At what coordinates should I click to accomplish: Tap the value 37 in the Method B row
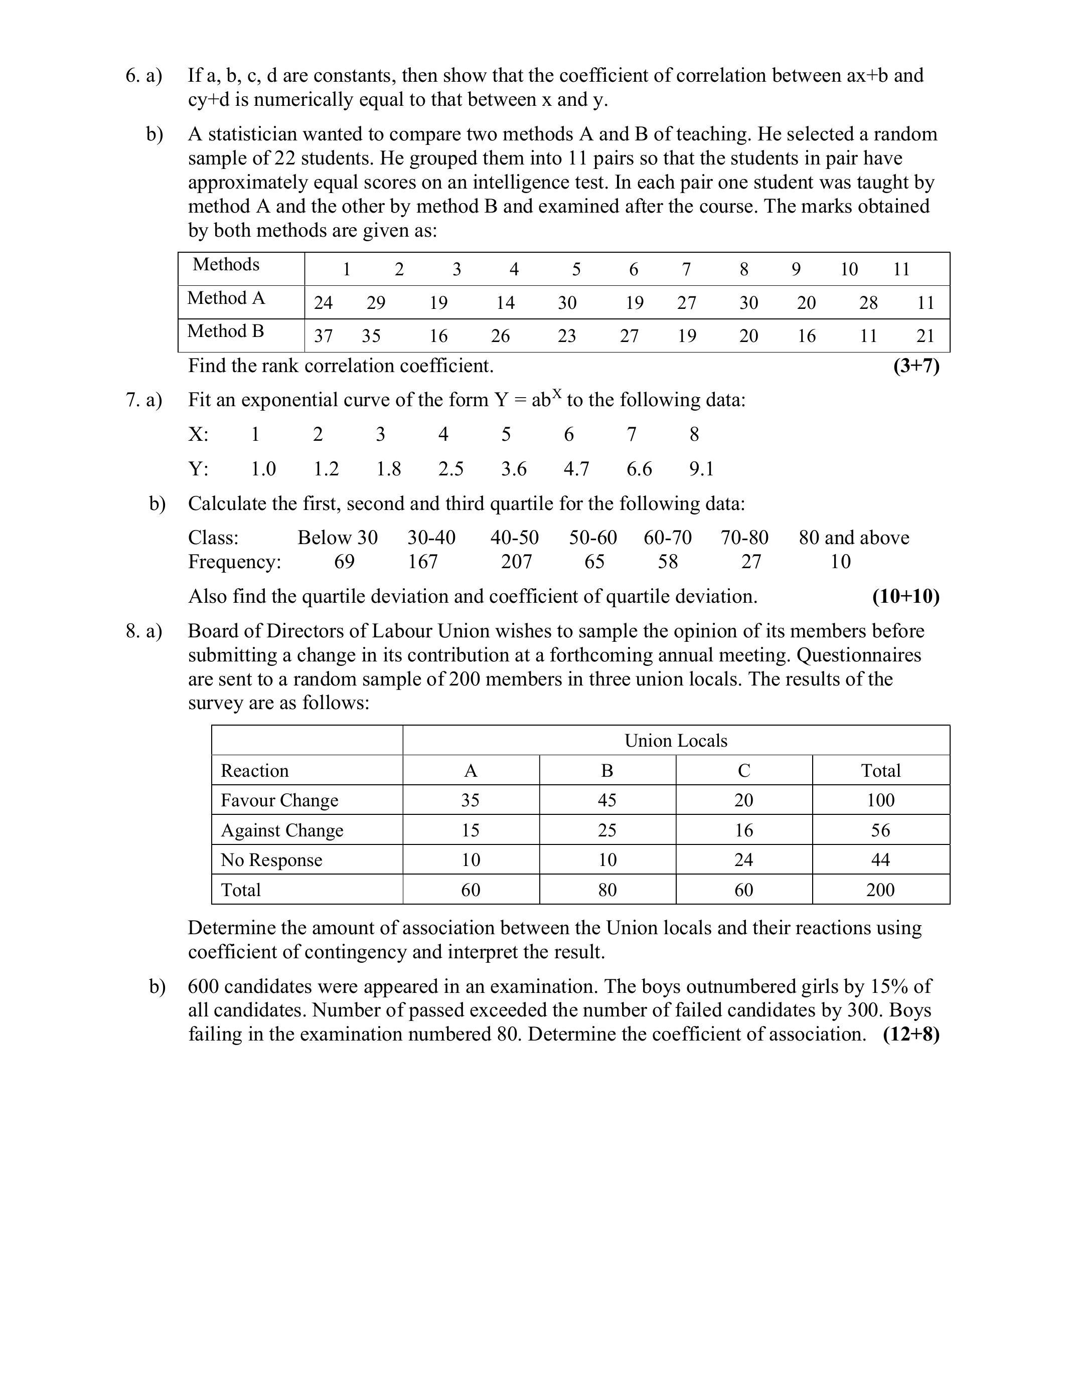click(x=324, y=336)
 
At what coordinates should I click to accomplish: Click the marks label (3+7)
click(x=916, y=366)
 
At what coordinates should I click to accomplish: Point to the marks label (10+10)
click(x=905, y=596)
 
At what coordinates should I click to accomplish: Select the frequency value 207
click(x=516, y=561)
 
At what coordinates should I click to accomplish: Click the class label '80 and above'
click(x=854, y=538)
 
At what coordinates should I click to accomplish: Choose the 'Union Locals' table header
click(x=676, y=741)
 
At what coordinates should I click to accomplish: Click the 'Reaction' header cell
click(x=254, y=770)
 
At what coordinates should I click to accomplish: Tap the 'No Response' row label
click(x=271, y=859)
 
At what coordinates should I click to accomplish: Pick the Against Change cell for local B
click(x=607, y=830)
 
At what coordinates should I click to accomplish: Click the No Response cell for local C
click(x=743, y=859)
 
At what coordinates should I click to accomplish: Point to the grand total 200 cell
click(x=880, y=890)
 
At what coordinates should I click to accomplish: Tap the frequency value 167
click(x=422, y=561)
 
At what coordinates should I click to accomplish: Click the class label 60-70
click(x=668, y=538)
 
